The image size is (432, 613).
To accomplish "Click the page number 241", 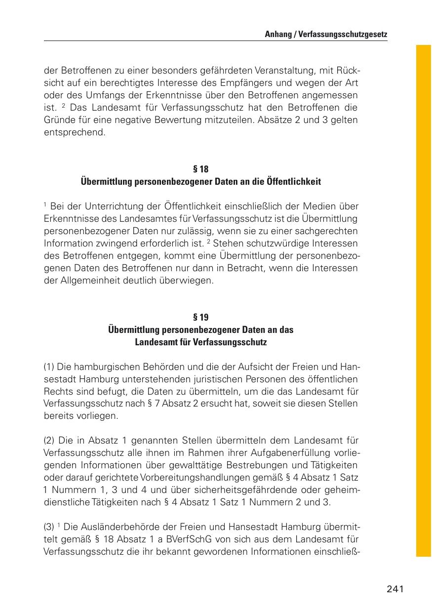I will (395, 589).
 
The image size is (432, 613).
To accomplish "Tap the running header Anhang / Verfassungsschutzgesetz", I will (326, 35).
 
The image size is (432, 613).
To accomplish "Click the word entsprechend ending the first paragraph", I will (75, 132).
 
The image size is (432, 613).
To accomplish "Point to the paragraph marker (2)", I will (49, 441).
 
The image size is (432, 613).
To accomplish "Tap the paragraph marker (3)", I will (49, 527).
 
